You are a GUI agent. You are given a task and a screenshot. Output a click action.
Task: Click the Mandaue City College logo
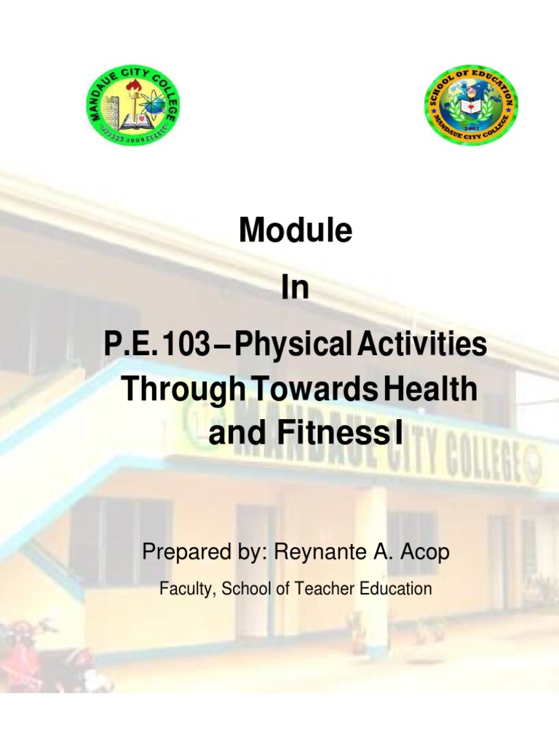pos(132,110)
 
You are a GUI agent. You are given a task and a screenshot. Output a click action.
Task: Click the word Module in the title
pos(296,231)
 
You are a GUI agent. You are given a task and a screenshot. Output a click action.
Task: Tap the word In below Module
pos(296,289)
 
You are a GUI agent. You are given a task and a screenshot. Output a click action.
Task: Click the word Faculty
pos(183,589)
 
